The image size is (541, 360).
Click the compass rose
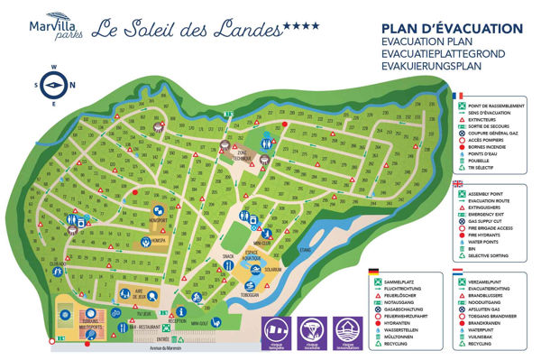(52, 85)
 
